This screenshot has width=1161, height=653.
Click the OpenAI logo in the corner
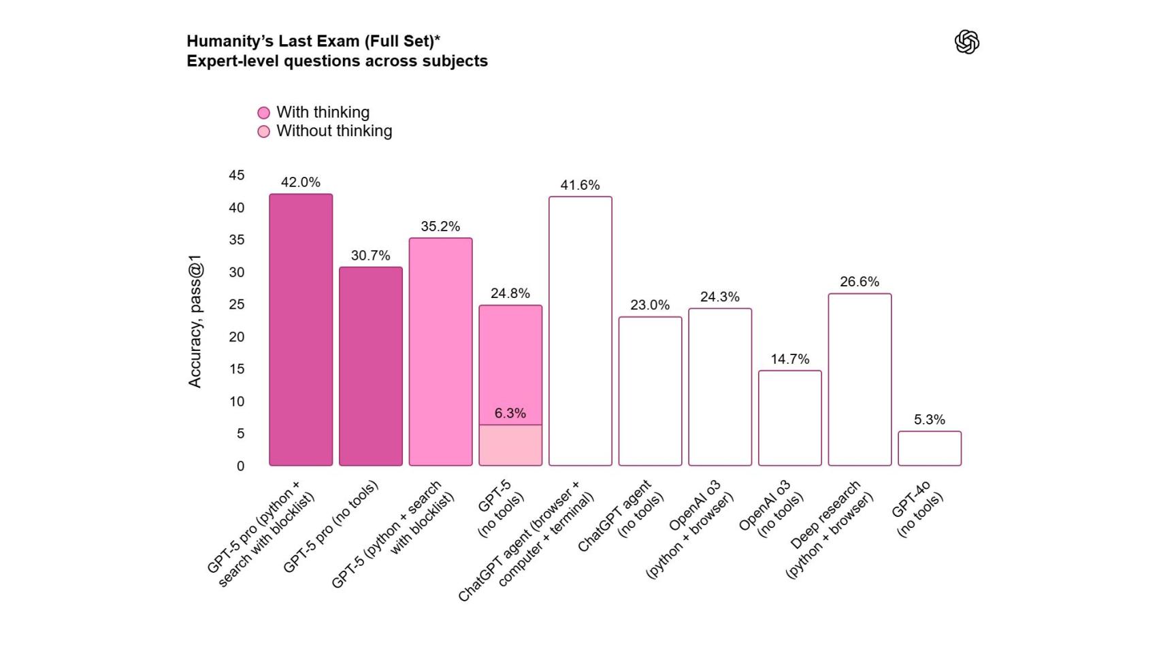pyautogui.click(x=966, y=42)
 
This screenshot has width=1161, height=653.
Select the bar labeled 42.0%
pyautogui.click(x=301, y=330)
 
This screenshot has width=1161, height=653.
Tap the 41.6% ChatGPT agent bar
pyautogui.click(x=580, y=331)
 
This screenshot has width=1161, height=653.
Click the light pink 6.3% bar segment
pyautogui.click(x=510, y=446)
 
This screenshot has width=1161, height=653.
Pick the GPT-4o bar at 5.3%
pyautogui.click(x=929, y=448)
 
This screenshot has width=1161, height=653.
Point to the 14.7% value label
pyautogui.click(x=789, y=359)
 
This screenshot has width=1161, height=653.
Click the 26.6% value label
pyautogui.click(x=859, y=282)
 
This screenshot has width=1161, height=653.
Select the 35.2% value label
pyautogui.click(x=440, y=227)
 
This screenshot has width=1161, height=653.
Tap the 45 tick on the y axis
pyautogui.click(x=236, y=175)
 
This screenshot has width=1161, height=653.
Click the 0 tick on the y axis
pyautogui.click(x=240, y=466)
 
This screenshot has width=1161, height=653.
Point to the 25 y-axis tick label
pyautogui.click(x=236, y=305)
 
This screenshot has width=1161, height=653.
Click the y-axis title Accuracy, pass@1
pyautogui.click(x=195, y=321)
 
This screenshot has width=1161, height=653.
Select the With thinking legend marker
pyautogui.click(x=263, y=113)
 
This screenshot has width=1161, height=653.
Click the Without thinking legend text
pyautogui.click(x=333, y=131)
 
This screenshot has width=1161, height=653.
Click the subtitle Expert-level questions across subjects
pyautogui.click(x=337, y=61)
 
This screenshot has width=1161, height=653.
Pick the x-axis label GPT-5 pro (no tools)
pyautogui.click(x=331, y=526)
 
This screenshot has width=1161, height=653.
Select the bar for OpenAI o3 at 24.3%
pyautogui.click(x=719, y=387)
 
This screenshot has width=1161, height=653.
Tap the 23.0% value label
pyautogui.click(x=649, y=305)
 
